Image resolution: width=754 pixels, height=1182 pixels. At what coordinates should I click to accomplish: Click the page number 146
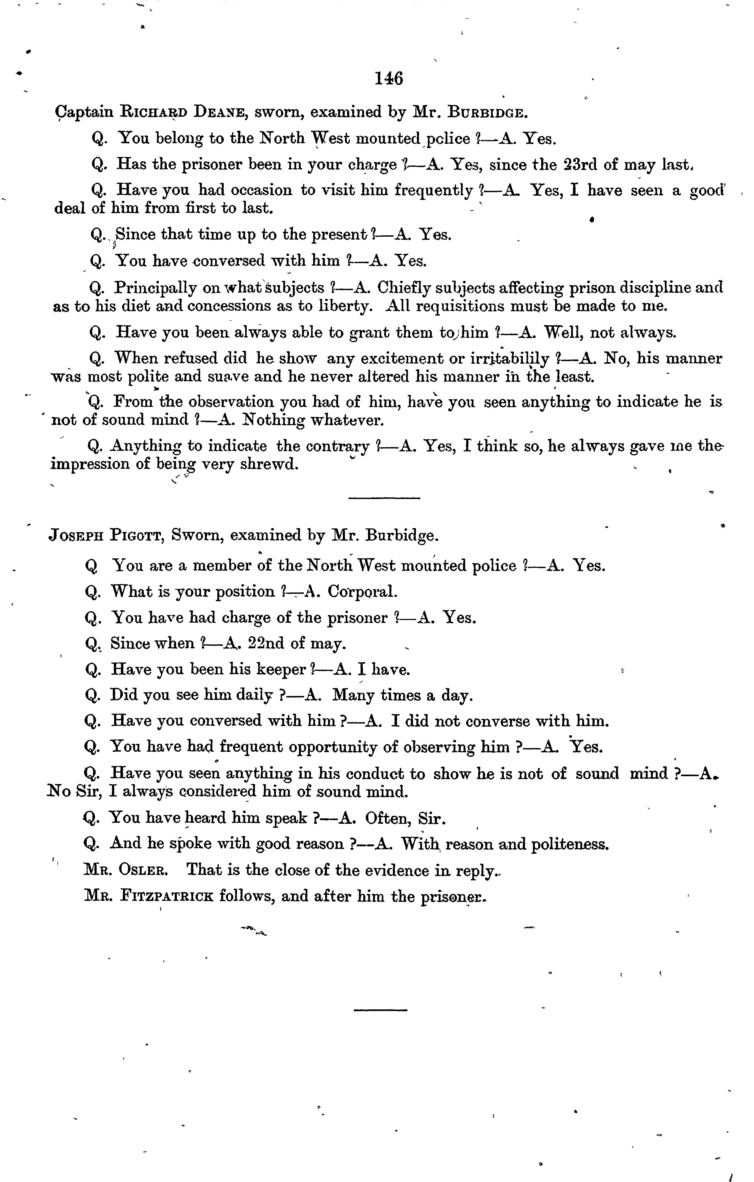point(389,79)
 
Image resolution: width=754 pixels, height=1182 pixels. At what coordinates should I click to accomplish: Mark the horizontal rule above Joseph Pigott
point(384,499)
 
